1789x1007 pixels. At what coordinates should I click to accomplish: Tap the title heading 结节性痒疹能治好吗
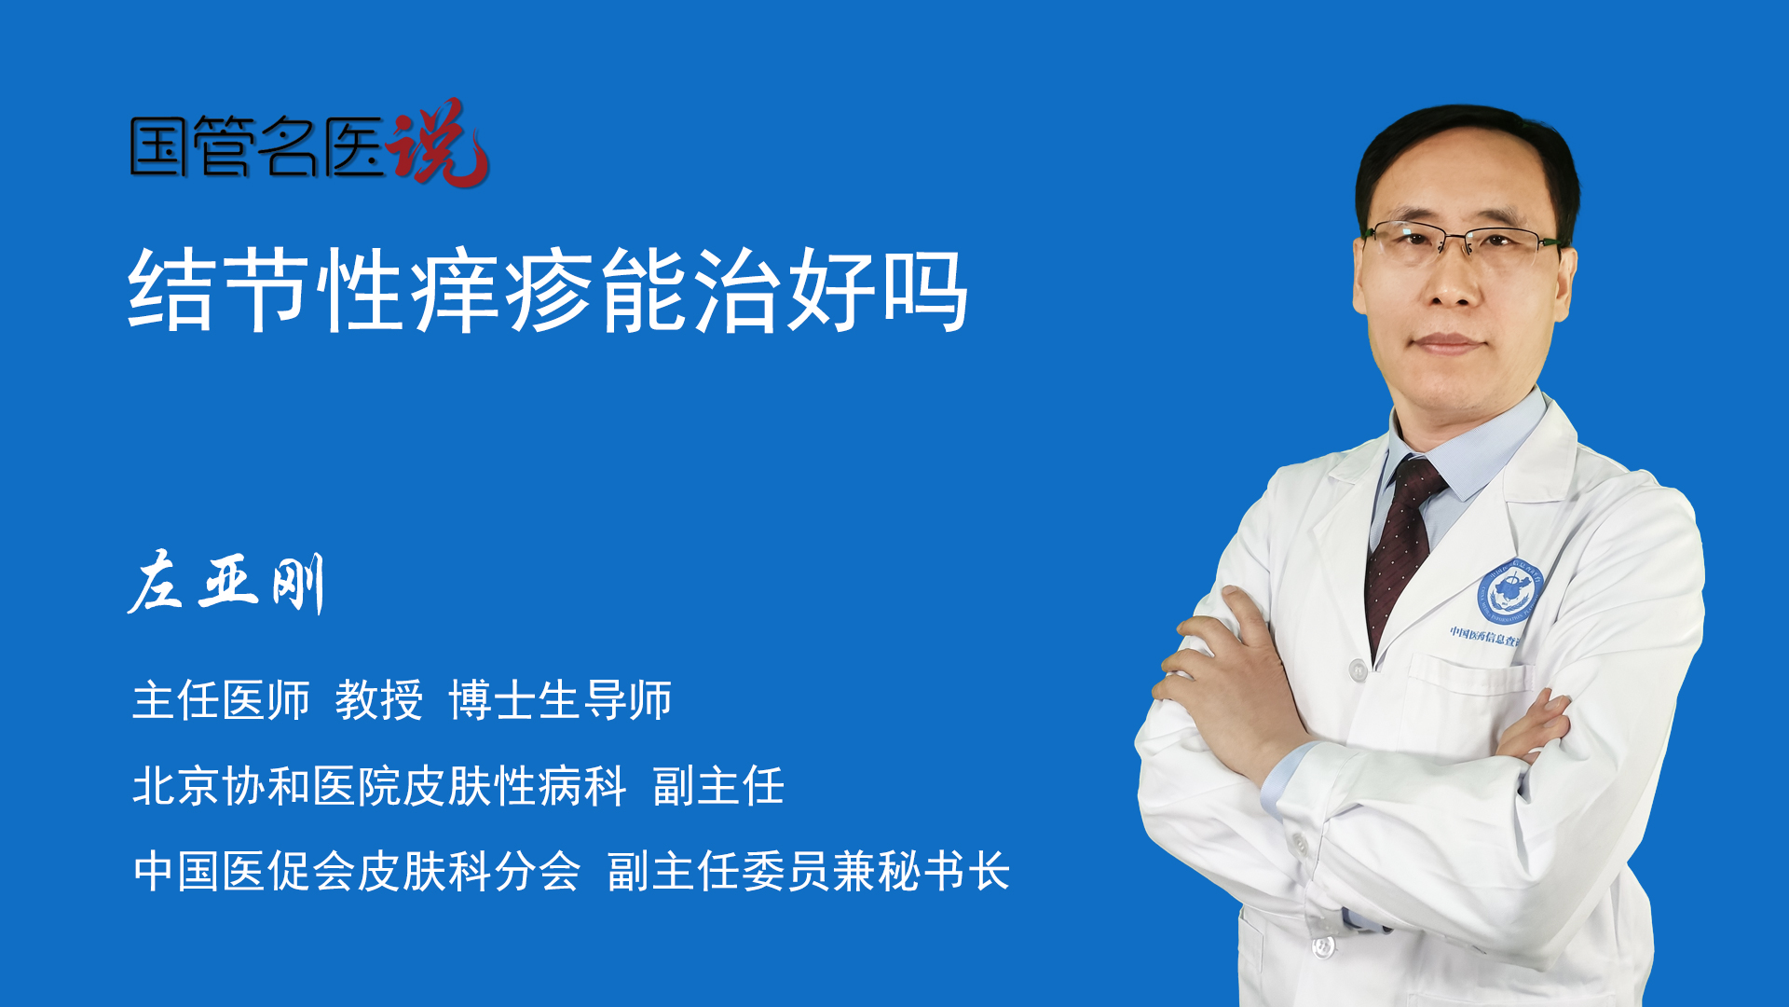tap(549, 290)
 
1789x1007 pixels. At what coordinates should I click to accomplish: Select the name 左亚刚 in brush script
tap(226, 583)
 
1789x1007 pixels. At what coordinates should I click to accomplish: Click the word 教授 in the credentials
tap(379, 699)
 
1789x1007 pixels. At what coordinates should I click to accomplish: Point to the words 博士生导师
tap(560, 699)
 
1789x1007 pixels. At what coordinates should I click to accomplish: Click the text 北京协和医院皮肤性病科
tap(379, 785)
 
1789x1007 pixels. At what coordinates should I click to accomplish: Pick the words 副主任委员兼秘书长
tap(809, 871)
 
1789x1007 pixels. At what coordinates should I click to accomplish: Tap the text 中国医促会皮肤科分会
tap(357, 871)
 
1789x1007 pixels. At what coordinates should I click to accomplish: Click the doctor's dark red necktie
tap(1401, 550)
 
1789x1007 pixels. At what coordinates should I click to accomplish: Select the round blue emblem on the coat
tap(1511, 592)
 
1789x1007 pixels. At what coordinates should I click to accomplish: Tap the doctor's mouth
tap(1447, 343)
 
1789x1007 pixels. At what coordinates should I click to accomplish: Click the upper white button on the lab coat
tap(1359, 669)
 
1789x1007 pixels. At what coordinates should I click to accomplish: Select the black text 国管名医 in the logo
tap(257, 146)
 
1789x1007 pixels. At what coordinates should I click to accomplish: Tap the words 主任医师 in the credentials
tap(221, 699)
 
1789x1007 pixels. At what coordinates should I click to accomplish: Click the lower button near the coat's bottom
tap(1322, 946)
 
